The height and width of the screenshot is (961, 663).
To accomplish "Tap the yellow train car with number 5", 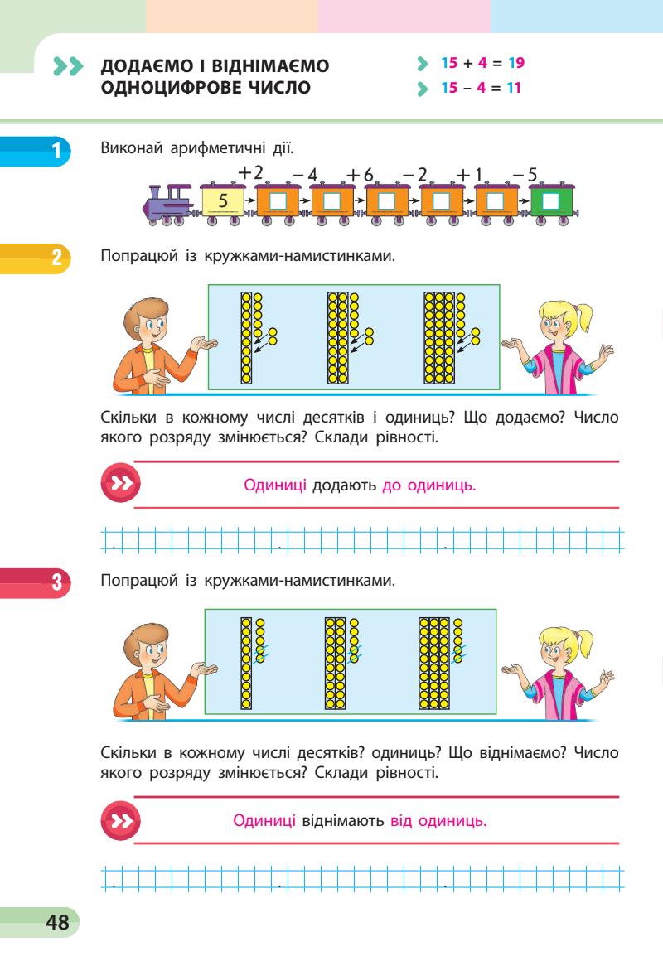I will pos(223,201).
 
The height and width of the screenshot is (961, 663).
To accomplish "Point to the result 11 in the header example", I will pos(514,86).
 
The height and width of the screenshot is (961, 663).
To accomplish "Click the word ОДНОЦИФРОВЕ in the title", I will pos(160,86).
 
